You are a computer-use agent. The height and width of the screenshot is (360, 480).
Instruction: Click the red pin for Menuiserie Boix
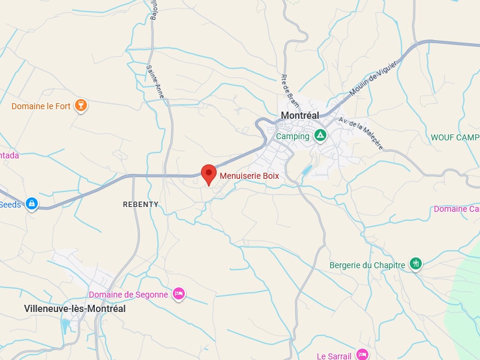[208, 173]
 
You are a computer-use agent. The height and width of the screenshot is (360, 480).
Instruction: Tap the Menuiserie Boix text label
[249, 176]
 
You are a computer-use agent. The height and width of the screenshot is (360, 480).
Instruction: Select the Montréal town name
[300, 115]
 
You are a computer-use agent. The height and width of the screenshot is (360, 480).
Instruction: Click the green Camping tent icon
[320, 136]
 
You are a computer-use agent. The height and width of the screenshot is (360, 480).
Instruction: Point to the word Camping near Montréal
[293, 136]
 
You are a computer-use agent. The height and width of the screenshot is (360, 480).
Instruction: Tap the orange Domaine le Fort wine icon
[81, 106]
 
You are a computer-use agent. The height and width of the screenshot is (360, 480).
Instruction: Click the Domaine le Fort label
[41, 107]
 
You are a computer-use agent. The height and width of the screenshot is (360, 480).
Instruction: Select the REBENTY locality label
[140, 205]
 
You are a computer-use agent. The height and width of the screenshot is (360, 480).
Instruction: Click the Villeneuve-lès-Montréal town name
[75, 308]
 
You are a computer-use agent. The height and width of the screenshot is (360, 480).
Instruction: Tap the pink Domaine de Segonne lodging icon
[178, 293]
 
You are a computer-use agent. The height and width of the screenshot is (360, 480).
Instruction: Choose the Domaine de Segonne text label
[128, 295]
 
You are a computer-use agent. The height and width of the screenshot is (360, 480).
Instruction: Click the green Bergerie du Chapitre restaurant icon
[415, 263]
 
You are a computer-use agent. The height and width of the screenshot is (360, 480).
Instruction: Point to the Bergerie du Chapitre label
[367, 265]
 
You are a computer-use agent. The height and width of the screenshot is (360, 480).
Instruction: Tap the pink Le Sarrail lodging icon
[362, 355]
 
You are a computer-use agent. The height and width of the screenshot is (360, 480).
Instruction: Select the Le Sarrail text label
[334, 356]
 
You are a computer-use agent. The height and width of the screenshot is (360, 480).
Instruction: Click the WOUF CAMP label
[455, 137]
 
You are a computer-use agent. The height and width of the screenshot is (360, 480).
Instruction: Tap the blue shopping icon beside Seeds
[32, 204]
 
